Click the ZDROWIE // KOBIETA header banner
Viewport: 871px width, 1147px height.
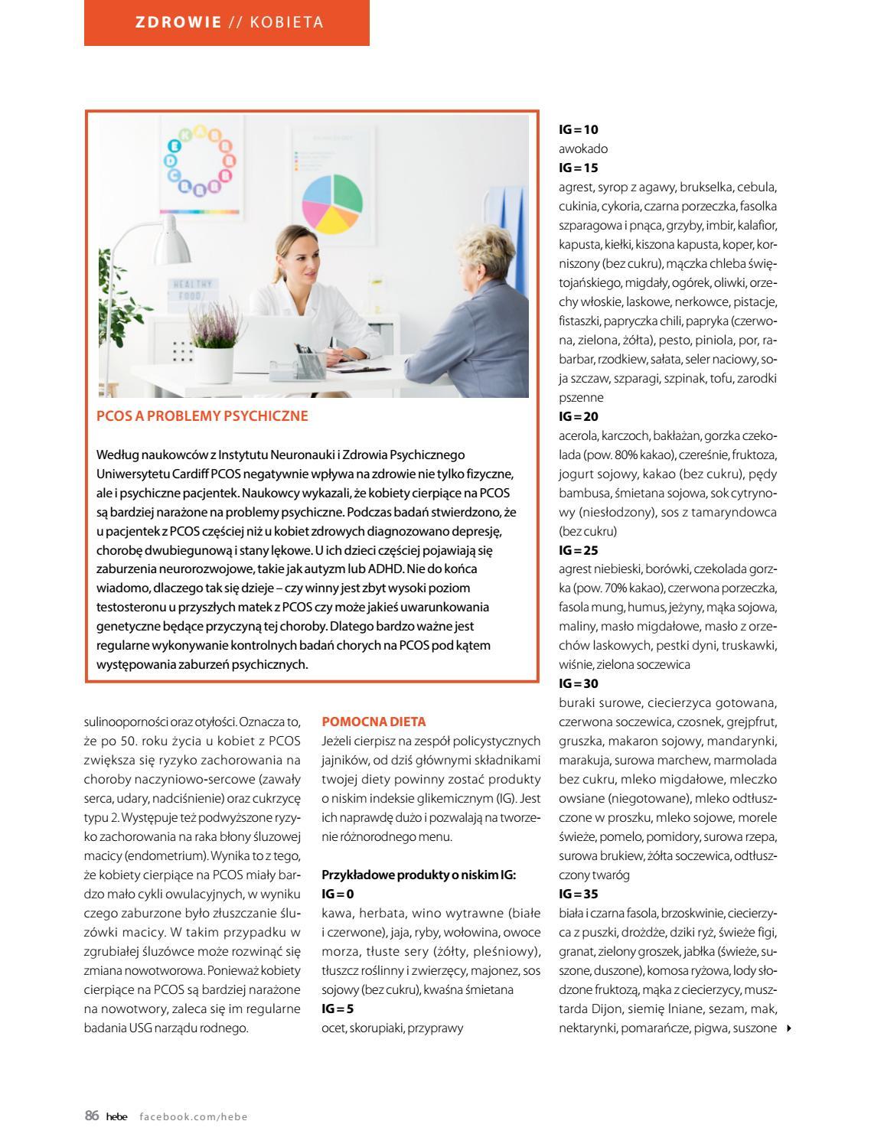(x=227, y=22)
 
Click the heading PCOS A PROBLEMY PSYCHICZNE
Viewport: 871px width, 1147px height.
(x=202, y=416)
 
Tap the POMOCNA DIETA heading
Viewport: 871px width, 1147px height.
(x=374, y=722)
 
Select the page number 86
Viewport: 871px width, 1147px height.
(x=92, y=1116)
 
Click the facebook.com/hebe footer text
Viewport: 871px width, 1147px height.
(x=194, y=1116)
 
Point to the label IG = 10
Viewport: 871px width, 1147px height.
(x=579, y=129)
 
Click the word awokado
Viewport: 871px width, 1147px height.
(x=583, y=148)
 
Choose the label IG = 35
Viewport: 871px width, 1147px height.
(x=579, y=894)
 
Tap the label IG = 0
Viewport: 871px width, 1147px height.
(x=338, y=894)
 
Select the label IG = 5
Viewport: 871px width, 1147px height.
(x=338, y=1009)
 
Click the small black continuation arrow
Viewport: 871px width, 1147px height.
(x=789, y=1028)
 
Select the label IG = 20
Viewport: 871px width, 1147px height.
(x=579, y=416)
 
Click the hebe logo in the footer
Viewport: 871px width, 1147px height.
(x=117, y=1116)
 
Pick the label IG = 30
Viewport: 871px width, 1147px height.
(x=579, y=683)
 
